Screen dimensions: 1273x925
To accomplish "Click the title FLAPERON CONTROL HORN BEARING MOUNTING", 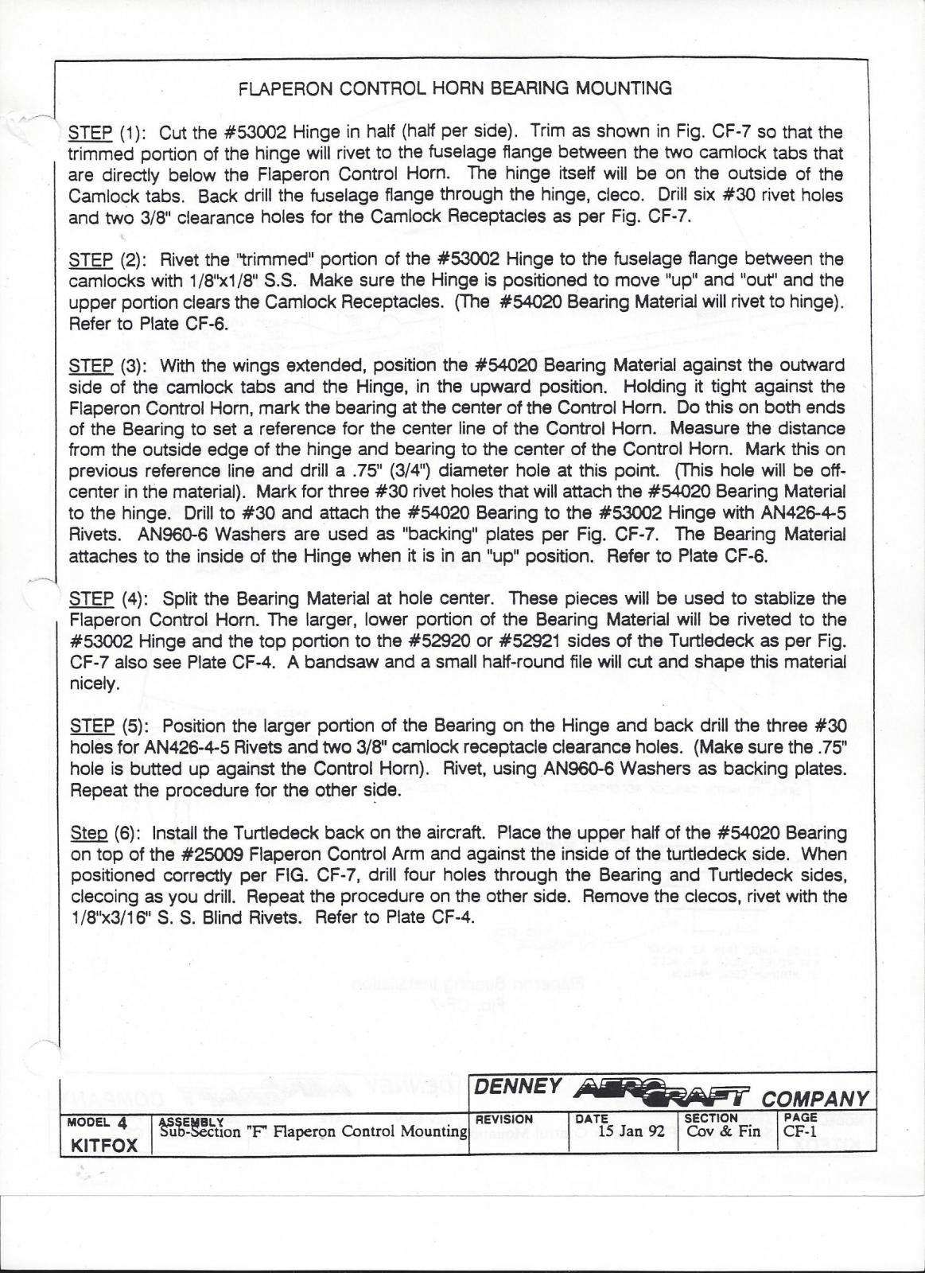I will [455, 88].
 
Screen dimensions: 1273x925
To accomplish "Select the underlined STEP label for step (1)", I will [91, 132].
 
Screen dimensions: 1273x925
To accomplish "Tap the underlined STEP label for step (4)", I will [91, 598].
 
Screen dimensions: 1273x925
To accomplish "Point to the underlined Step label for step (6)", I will [88, 833].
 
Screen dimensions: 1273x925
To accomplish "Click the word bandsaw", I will [339, 662].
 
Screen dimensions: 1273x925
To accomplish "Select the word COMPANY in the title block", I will [815, 1099].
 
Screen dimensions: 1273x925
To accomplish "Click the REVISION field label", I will [503, 1118].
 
